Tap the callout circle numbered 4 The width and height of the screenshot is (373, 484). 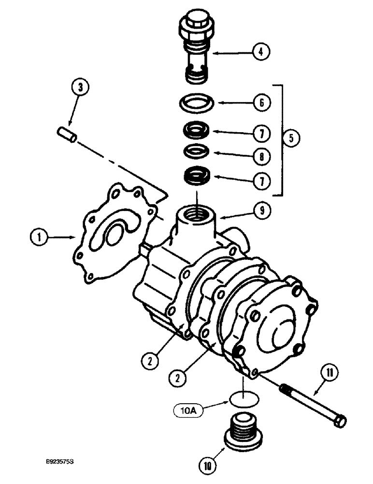[x=261, y=51]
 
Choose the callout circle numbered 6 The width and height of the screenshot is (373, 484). [x=261, y=103]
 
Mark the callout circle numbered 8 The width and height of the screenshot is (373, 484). [x=261, y=156]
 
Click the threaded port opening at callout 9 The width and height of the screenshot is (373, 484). [x=192, y=213]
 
